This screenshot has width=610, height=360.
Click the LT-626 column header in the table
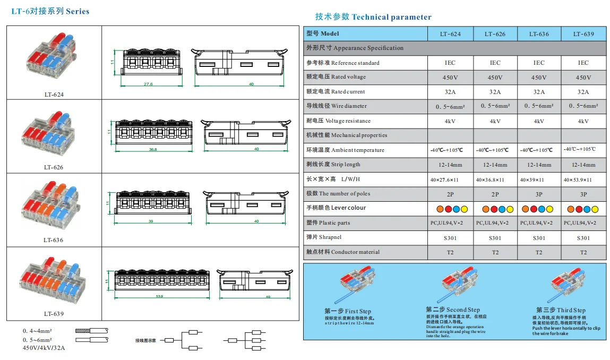[495, 34]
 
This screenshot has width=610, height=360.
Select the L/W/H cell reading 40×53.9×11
[583, 179]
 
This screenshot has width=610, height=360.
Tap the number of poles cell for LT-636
[539, 194]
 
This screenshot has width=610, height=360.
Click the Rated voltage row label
[336, 77]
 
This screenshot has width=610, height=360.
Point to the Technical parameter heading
[373, 17]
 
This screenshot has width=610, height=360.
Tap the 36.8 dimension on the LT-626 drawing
[153, 150]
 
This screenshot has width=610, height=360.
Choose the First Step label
[348, 311]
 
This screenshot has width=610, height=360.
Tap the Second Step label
[452, 310]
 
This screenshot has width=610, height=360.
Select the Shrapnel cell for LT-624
[450, 238]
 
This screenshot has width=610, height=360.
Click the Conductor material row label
[343, 252]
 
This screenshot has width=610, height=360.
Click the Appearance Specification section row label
[355, 48]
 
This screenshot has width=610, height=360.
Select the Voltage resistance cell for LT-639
[583, 121]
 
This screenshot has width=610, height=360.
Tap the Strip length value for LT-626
[495, 165]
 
